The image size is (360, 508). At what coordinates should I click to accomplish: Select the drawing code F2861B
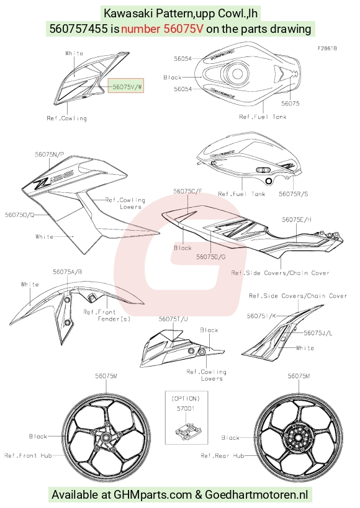point(327,48)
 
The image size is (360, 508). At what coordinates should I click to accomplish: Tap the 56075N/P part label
point(49,154)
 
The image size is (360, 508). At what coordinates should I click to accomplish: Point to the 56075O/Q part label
point(19,215)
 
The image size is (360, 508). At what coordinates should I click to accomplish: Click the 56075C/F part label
point(187,191)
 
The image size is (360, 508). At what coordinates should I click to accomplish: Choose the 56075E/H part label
point(297,220)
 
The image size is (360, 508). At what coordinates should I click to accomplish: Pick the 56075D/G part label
point(211,257)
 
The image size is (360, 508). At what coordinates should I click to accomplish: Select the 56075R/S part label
point(294,194)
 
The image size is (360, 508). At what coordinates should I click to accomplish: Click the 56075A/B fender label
point(68,272)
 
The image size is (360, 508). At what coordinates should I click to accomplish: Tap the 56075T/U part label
point(173,319)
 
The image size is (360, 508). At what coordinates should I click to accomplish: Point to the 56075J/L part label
point(318,332)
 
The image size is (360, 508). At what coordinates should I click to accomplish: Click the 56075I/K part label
point(261,316)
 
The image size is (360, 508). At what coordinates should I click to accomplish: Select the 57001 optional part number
point(186,409)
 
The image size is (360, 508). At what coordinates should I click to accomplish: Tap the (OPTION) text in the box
point(186,399)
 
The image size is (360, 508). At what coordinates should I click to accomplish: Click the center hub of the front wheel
point(106,437)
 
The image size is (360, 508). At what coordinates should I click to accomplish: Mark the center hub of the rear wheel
point(298,437)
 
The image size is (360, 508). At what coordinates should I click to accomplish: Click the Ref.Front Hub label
point(28,455)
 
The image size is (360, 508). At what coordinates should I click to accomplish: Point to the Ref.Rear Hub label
point(222,455)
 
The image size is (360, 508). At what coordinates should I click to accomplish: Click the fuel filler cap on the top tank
point(236,74)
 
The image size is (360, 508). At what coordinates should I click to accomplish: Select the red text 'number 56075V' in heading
point(162,29)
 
